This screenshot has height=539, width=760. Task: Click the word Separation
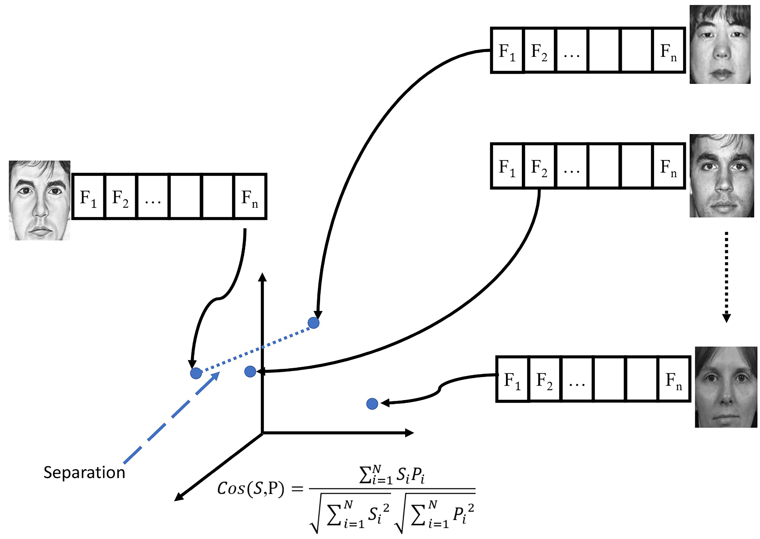[x=84, y=472]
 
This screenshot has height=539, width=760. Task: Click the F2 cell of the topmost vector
[x=539, y=51]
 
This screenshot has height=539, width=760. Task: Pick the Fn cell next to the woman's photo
[x=674, y=379]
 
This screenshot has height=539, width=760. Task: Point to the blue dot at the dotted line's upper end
[x=313, y=322]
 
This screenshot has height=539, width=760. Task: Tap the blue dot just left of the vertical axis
[x=250, y=371]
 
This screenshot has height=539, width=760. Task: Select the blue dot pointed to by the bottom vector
[x=372, y=404]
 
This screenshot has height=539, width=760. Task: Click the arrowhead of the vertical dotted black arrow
[x=726, y=318]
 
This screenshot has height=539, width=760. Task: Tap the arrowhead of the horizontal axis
[x=410, y=433]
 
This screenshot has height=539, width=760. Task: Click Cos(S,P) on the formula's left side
[x=251, y=488]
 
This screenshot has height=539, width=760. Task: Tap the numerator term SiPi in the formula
[x=411, y=475]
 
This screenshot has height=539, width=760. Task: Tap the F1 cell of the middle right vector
[x=507, y=166]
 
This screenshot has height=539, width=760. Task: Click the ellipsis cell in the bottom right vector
[x=577, y=379]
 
